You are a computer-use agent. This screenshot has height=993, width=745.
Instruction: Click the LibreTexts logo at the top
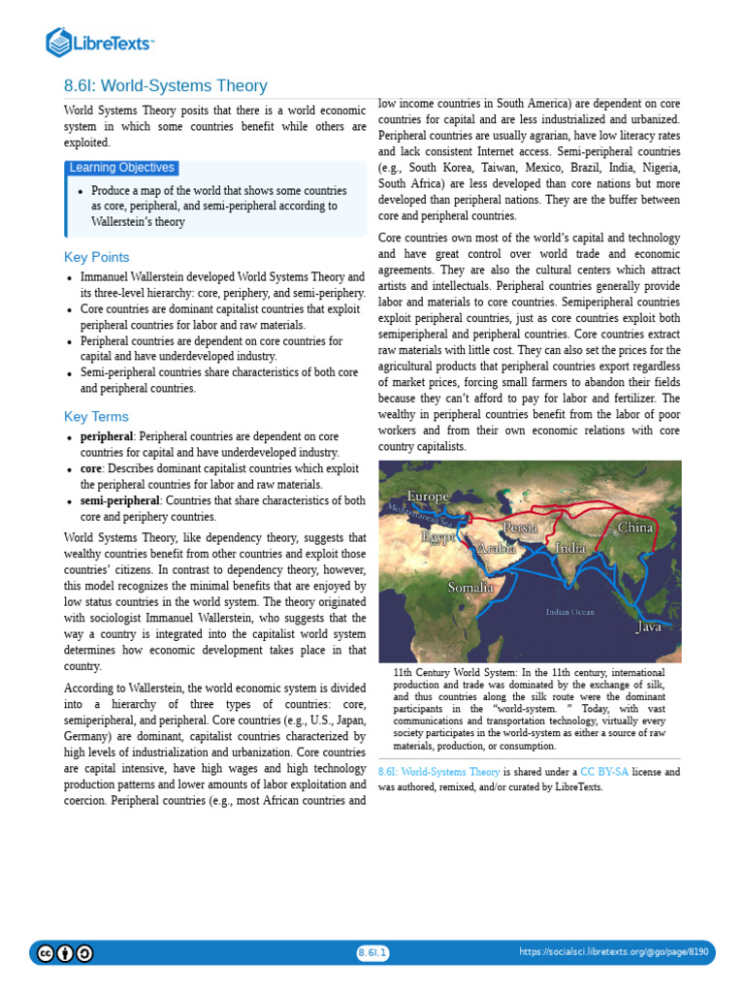point(100,42)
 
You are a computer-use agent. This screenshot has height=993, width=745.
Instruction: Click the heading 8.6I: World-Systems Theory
point(165,86)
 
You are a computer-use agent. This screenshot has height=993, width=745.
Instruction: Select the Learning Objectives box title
point(121,168)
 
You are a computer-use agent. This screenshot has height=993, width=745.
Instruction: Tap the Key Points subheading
point(96,257)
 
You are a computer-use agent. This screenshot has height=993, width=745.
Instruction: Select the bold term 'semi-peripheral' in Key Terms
point(120,500)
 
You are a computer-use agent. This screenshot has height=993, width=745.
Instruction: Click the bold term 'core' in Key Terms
point(93,469)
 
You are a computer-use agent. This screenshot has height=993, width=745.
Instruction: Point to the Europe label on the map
point(428,496)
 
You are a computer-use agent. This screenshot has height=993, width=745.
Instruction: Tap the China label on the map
point(635,528)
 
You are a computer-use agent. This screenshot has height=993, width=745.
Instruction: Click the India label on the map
point(569,549)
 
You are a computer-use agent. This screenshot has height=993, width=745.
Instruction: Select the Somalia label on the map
point(470,587)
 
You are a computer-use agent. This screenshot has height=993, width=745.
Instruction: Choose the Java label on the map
point(648,627)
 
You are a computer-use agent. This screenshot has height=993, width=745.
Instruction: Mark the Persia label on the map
point(520,527)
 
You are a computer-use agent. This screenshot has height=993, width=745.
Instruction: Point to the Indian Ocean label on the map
point(570,612)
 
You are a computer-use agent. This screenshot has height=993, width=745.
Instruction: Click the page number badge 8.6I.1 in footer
point(372,952)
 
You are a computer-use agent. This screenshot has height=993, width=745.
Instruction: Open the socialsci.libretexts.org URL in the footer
point(614,952)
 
